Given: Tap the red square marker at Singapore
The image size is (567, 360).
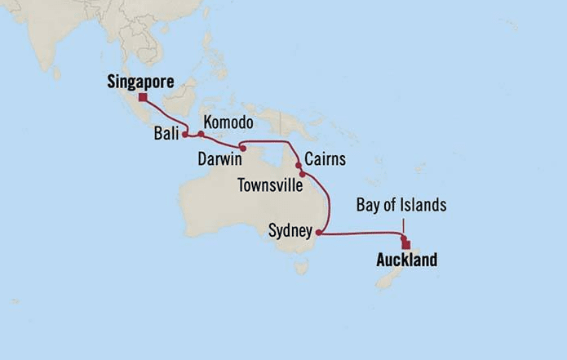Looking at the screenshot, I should coord(143,98).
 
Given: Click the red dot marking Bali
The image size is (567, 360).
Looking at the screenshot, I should coord(185,135).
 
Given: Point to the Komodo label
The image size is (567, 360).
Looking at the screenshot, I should coord(228,122).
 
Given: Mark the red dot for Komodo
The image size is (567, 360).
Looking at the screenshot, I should coord(201,134).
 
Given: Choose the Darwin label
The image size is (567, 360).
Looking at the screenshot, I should coord(221,158).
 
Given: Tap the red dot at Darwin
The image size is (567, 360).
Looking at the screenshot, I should coord(242,149).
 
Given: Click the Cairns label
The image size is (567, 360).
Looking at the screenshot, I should coord(324,158).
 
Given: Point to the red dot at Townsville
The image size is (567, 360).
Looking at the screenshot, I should coord(302,174).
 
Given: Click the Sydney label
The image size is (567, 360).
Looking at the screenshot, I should coord(290,232).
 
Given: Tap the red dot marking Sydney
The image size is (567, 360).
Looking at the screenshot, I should coord(318,233).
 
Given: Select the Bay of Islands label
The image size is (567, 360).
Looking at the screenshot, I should coord(401,206).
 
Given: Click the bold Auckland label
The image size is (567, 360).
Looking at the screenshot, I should coord(405,261).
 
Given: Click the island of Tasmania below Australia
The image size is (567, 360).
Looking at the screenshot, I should coord(302,266).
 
